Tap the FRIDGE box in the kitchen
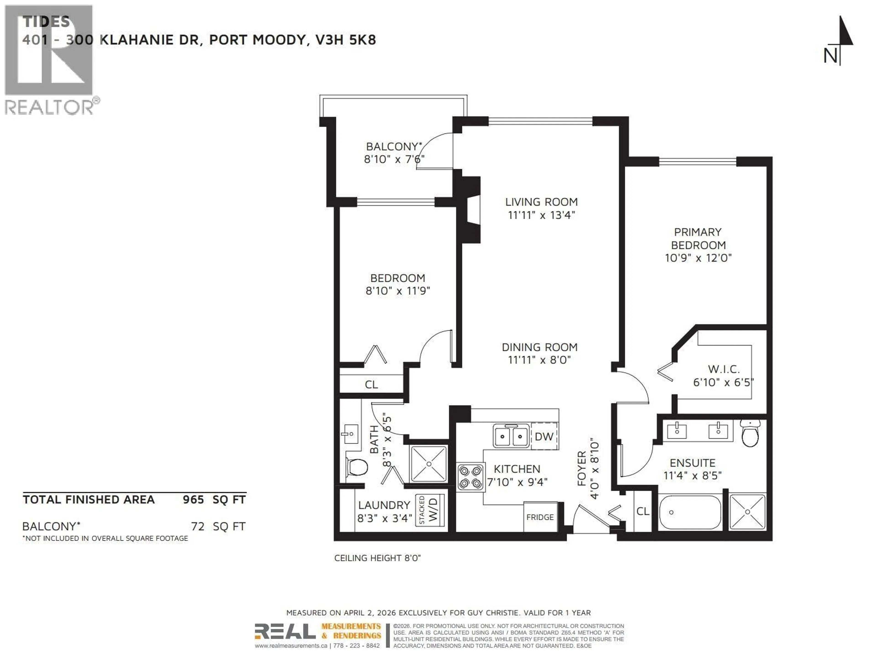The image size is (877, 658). click(540, 517)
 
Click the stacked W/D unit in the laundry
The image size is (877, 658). click(430, 510)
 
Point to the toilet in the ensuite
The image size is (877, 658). click(750, 433)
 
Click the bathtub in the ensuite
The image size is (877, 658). click(690, 512)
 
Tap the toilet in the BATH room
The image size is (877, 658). click(357, 467)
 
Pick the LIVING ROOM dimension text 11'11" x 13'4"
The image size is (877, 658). click(541, 215)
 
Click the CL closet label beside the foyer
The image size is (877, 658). click(643, 511)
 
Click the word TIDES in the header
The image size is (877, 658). click(46, 21)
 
